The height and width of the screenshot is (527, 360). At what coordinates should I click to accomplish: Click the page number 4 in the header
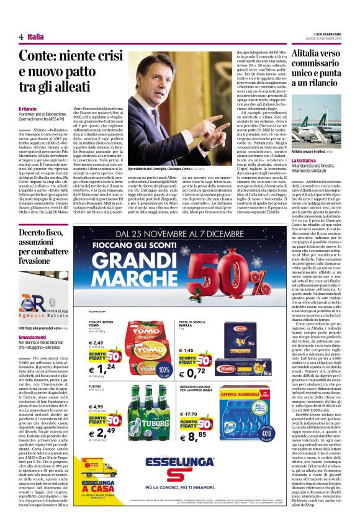(x=21, y=37)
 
